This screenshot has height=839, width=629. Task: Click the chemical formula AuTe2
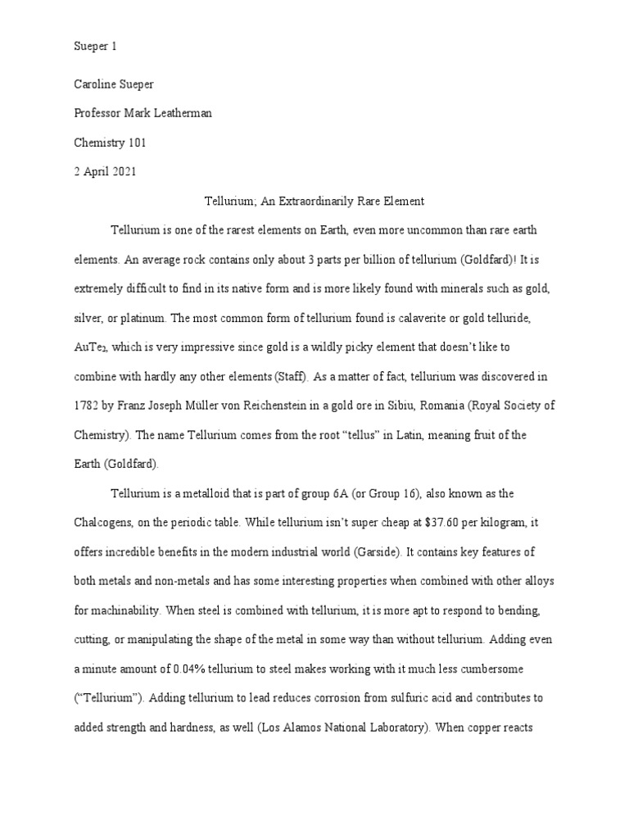91,347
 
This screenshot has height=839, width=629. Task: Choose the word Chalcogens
105,521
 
